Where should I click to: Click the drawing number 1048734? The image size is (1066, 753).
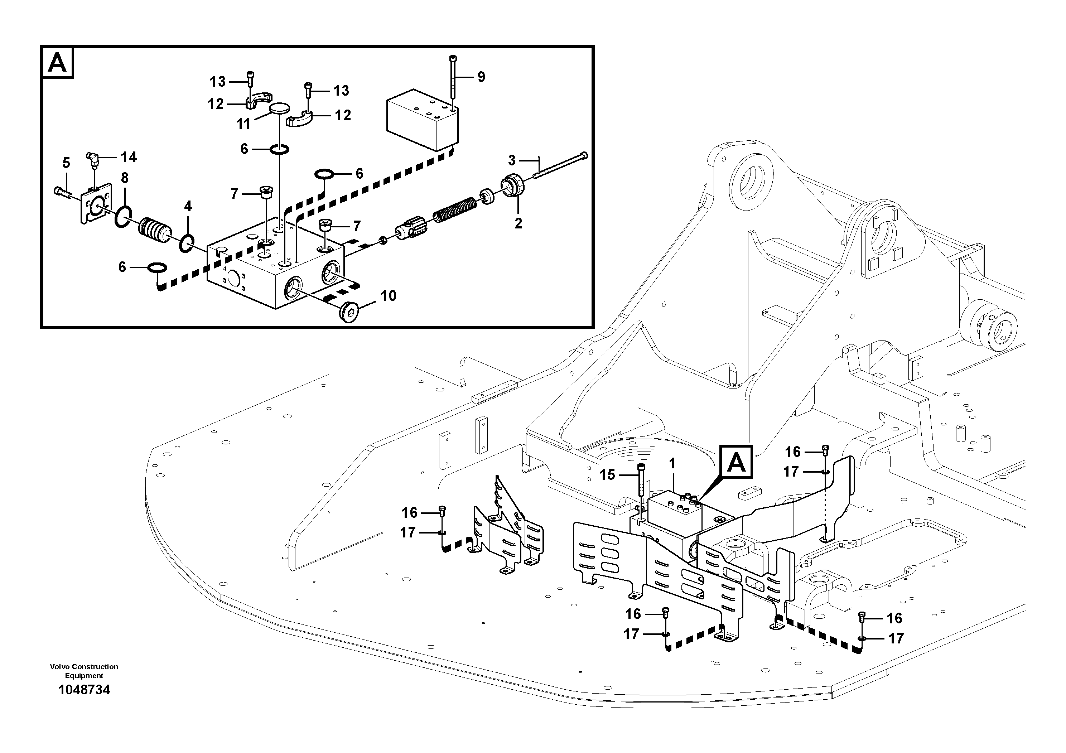[x=84, y=690]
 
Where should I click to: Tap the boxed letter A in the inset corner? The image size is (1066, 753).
[x=58, y=63]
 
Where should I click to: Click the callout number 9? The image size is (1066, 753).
[x=481, y=77]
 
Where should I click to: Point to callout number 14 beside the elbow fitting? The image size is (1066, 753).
[x=129, y=158]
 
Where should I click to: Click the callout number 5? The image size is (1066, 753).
[x=66, y=163]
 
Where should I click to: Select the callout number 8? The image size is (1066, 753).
[x=124, y=178]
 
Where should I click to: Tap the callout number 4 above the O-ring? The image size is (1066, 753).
[x=188, y=206]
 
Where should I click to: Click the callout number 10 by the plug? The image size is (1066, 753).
[x=388, y=296]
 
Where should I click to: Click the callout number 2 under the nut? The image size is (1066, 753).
[x=518, y=223]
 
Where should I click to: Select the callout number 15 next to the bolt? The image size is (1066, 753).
[x=607, y=474]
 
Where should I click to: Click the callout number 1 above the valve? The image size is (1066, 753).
[x=672, y=463]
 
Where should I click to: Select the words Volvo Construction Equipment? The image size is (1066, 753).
[x=84, y=671]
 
